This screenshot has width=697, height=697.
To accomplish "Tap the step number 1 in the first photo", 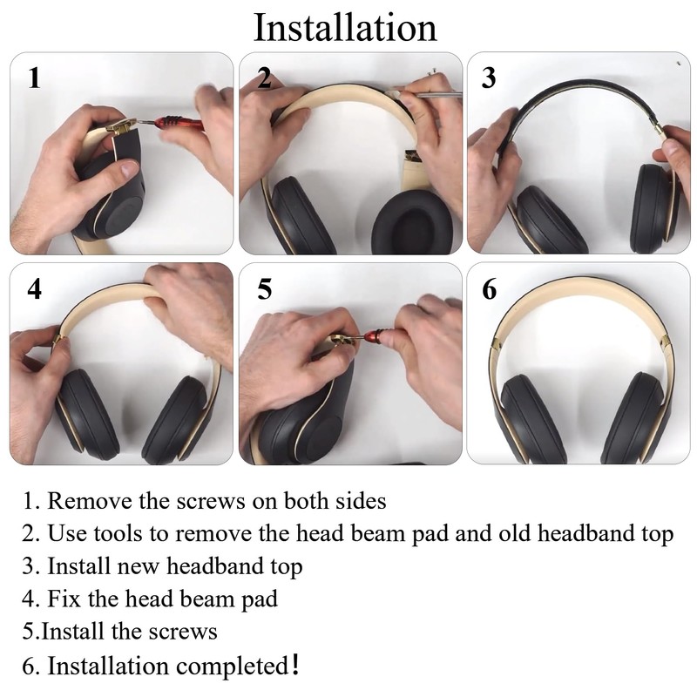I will coord(33,78).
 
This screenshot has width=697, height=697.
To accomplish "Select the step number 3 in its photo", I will coord(489,78).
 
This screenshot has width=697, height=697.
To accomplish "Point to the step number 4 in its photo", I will coord(33,288).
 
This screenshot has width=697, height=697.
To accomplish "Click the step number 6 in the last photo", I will coord(490,288).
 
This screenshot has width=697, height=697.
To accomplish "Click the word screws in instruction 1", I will coord(206,502).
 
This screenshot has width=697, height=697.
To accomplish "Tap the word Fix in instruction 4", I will coord(65,599).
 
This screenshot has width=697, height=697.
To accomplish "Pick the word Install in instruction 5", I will coord(72,630).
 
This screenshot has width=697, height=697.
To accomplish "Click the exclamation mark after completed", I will coord(296,665).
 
